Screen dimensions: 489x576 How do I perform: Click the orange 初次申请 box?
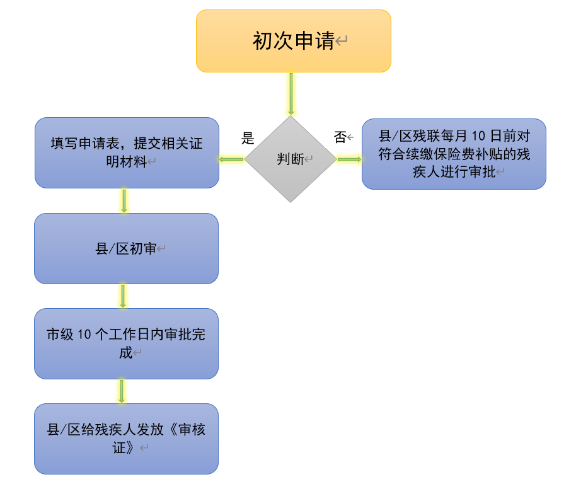click(x=293, y=41)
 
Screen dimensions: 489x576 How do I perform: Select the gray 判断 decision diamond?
click(x=290, y=159)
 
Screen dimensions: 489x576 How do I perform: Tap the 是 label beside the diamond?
click(x=248, y=139)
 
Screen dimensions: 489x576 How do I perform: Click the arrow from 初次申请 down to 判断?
click(x=291, y=93)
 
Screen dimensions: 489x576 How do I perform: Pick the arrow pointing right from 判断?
click(x=349, y=159)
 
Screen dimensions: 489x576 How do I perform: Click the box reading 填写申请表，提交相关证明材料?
click(x=127, y=152)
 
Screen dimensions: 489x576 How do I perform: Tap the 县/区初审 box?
click(x=126, y=248)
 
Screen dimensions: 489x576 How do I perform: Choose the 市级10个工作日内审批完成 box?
click(x=126, y=343)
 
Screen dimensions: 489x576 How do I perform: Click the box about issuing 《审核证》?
click(x=126, y=439)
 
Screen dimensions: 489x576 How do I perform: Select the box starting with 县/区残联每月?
click(x=454, y=154)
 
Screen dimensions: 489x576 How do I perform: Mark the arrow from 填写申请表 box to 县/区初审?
click(x=124, y=200)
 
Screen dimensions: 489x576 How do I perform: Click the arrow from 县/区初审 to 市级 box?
click(x=123, y=296)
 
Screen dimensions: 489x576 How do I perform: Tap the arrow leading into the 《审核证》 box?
click(x=122, y=391)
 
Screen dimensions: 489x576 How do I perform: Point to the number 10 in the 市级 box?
click(x=84, y=335)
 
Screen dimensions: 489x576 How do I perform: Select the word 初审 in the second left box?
click(x=143, y=249)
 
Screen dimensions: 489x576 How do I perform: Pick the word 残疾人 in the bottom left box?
click(x=115, y=431)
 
